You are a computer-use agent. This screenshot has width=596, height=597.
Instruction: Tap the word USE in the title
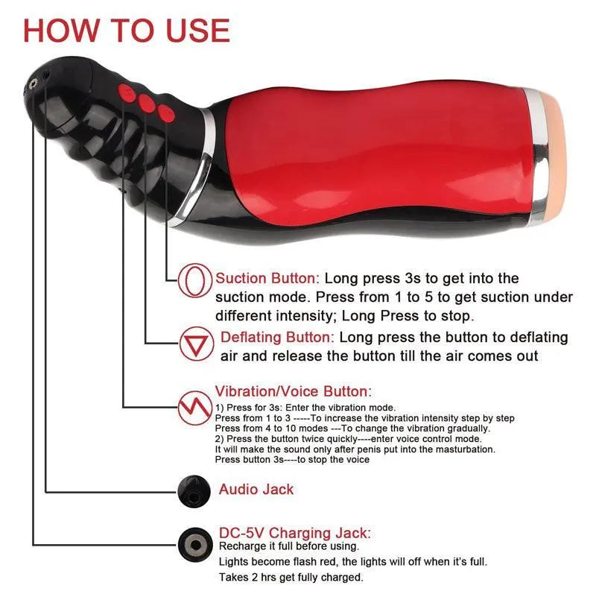192,31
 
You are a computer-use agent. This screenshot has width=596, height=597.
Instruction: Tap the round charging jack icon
192,542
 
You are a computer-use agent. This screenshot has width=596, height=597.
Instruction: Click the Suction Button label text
267,279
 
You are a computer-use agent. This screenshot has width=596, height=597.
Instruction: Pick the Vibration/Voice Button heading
293,391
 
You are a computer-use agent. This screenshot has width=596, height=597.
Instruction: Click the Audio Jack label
256,490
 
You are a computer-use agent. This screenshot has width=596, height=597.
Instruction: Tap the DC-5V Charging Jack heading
294,532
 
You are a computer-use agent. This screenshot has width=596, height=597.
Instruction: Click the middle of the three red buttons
147,104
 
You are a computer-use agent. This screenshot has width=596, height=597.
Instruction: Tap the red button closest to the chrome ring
165,114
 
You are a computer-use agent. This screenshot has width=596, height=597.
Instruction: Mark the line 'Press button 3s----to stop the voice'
292,460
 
